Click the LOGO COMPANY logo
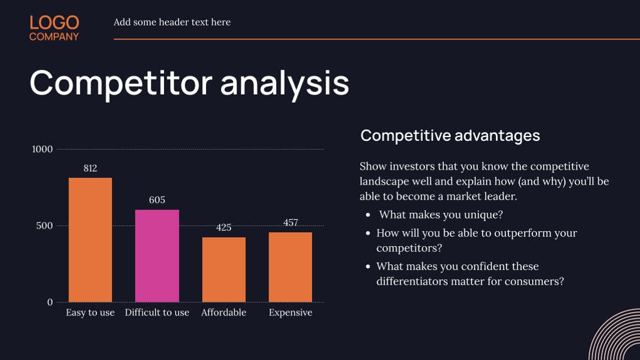point(54,28)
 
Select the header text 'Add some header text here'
point(172,23)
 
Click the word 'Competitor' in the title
point(119,83)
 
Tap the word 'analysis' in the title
point(284,83)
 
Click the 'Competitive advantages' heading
point(450,135)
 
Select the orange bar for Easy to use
point(90,240)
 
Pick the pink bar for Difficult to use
point(157,255)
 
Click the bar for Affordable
point(224,269)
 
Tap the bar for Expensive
point(291,267)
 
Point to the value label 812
point(90,168)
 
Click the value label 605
point(157,200)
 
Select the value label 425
point(224,227)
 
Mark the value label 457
point(291,222)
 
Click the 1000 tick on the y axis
point(43,149)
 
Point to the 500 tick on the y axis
point(44,225)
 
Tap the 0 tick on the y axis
point(50,302)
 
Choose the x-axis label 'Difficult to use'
point(157,312)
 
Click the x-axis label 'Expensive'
point(291,312)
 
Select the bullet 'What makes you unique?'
point(441,215)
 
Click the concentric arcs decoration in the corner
point(617,338)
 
